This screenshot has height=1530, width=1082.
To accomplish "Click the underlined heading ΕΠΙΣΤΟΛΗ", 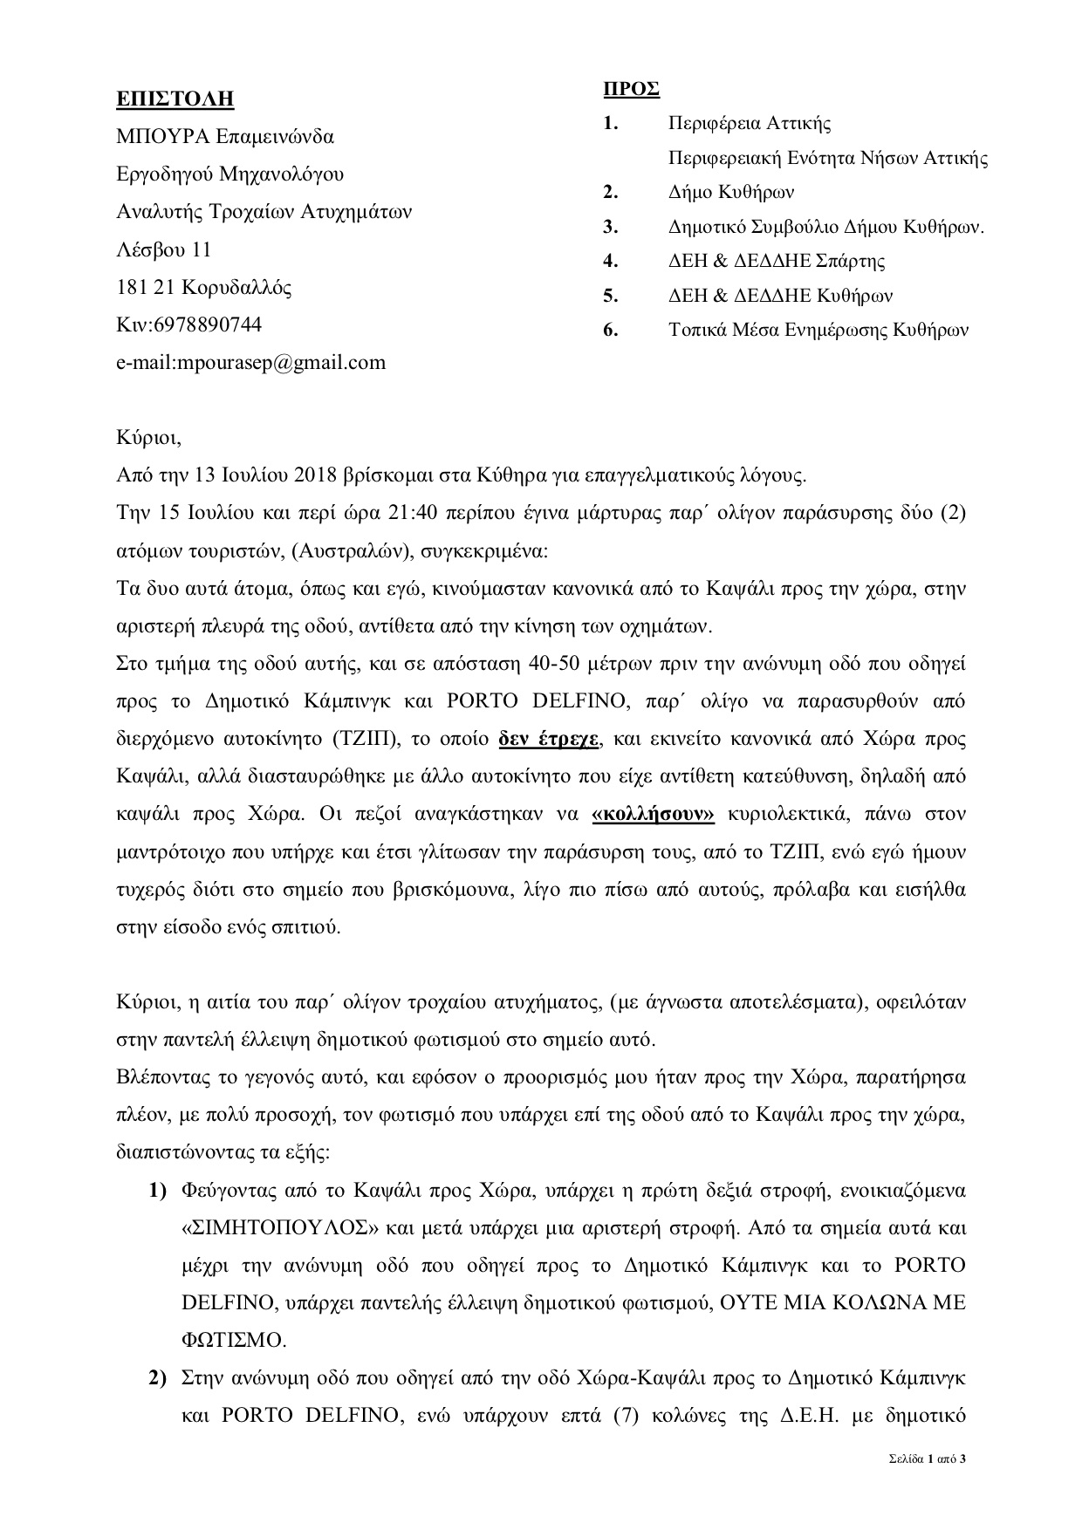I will tap(175, 99).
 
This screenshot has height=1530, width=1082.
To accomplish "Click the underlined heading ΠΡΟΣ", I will tap(631, 89).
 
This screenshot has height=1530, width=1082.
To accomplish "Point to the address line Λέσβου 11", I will tap(163, 249).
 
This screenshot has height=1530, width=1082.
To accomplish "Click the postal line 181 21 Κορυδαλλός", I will tap(204, 287).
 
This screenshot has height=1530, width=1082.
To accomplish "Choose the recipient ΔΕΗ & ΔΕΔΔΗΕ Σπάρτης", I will tap(777, 261).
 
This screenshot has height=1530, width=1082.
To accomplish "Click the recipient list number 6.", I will tap(611, 330).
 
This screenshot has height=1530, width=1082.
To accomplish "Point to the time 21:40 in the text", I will tap(411, 513).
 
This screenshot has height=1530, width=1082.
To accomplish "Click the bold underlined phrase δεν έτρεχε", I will tap(549, 738).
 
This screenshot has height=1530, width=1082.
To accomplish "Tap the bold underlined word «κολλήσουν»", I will tap(654, 814).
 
